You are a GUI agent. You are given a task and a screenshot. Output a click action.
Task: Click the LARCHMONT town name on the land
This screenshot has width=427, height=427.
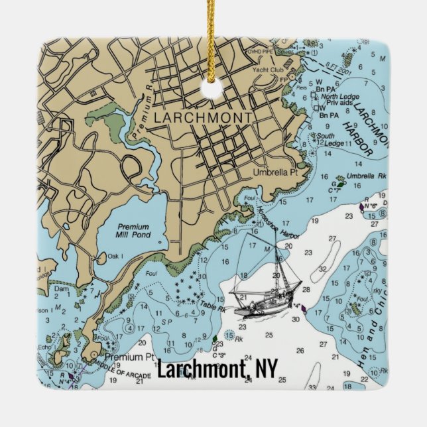202,117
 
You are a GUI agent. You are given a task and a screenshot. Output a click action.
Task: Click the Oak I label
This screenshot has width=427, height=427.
116,256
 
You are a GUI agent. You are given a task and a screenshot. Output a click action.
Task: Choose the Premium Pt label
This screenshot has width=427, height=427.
124,357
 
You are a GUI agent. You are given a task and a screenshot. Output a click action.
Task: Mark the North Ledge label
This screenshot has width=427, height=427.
339,97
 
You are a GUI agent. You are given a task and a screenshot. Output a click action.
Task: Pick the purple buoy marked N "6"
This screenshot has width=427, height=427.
361,206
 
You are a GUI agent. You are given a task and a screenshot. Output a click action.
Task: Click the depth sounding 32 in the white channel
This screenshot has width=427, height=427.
322,269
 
